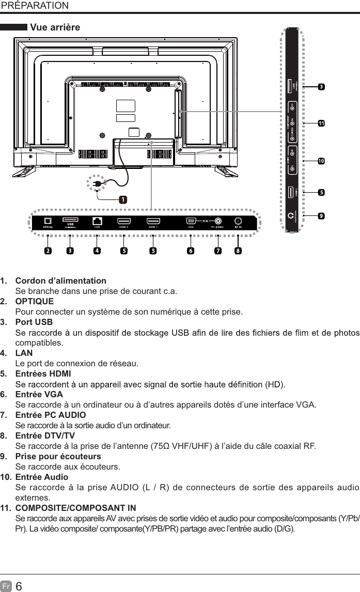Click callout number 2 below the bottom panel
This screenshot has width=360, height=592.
(x=48, y=252)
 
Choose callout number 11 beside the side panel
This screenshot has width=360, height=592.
(x=321, y=124)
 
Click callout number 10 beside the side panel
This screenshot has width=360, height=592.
(x=321, y=162)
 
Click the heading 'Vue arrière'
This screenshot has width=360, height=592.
(x=55, y=27)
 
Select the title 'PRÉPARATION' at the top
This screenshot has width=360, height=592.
(x=35, y=6)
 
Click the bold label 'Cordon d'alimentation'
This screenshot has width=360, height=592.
(x=61, y=281)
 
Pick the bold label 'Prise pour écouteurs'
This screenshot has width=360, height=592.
(x=58, y=457)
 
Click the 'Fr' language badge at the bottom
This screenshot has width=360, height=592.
(x=6, y=584)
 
